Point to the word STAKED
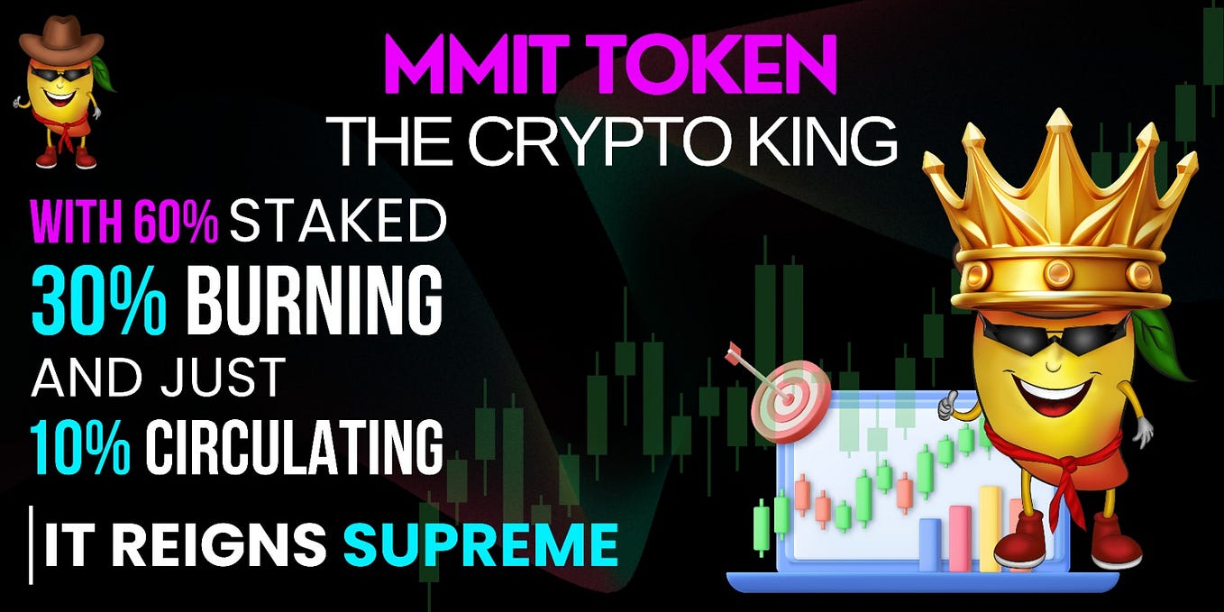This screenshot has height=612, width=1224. click(338, 222)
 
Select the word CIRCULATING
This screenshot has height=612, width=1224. click(295, 444)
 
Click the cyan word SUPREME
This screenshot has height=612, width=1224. click(481, 544)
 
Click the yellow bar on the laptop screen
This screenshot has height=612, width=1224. click(990, 527)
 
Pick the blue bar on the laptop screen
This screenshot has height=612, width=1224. click(928, 544)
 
